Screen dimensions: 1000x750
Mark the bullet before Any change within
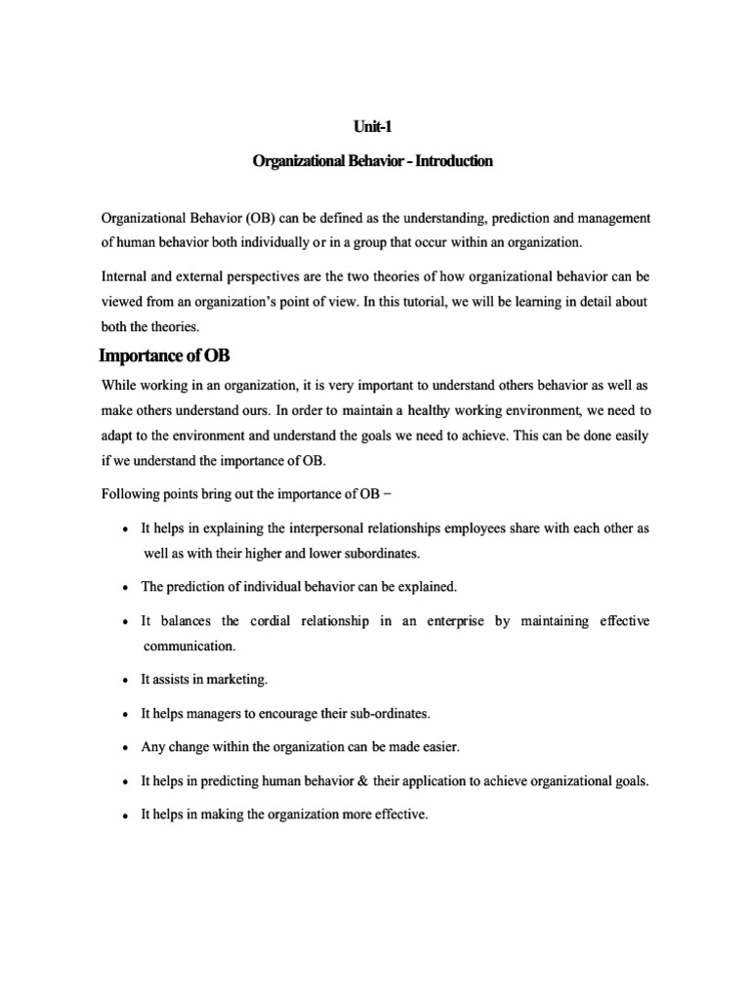click(x=126, y=748)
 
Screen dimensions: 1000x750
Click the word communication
click(x=189, y=646)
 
